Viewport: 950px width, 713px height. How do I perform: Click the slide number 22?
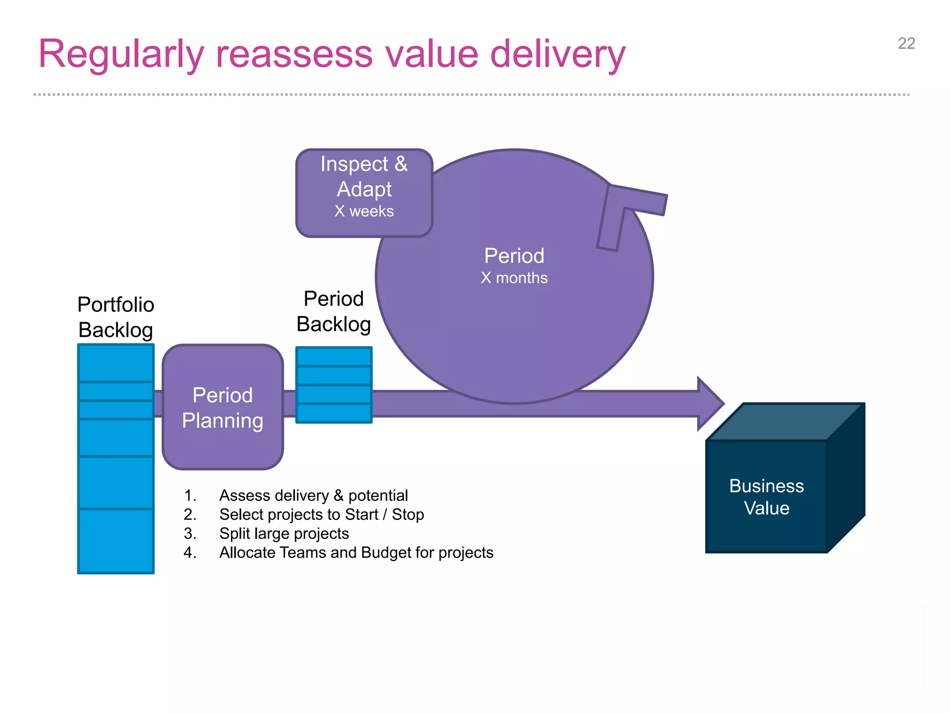[906, 44]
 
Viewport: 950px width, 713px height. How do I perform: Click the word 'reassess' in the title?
[294, 54]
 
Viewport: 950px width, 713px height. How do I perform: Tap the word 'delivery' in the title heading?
[558, 54]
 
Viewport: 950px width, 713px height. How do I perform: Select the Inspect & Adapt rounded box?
[364, 193]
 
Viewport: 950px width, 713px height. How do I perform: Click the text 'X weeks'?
[364, 211]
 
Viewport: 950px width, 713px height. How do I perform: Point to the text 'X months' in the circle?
[514, 278]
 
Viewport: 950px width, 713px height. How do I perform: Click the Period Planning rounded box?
[223, 407]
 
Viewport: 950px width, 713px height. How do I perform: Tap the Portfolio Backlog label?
[116, 317]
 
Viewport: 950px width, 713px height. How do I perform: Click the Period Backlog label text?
[334, 311]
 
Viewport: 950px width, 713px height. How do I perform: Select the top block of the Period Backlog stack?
[334, 356]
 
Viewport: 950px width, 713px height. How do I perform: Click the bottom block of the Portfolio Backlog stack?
[116, 541]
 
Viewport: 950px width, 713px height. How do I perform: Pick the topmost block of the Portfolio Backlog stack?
[116, 363]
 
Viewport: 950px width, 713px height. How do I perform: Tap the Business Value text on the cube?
[766, 497]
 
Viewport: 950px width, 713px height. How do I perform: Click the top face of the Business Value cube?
[784, 421]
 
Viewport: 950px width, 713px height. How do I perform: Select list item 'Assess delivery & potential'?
[314, 495]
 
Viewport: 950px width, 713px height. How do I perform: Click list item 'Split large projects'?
[284, 533]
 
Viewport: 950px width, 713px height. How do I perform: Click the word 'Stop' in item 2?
[408, 514]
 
